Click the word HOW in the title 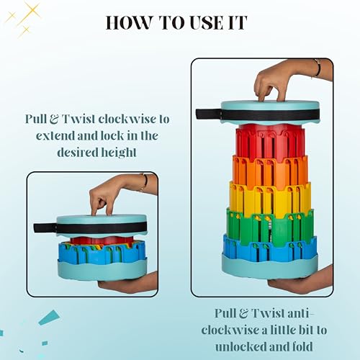pos(129,23)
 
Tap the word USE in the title pos(206,23)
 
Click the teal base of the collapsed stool pos(102,270)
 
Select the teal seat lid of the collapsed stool pos(102,225)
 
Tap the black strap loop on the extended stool pos(208,114)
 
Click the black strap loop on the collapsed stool pos(45,228)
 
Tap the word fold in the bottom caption pos(301,346)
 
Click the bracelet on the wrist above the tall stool pos(318,68)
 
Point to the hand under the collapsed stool pos(127,282)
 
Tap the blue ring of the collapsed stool pos(102,252)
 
